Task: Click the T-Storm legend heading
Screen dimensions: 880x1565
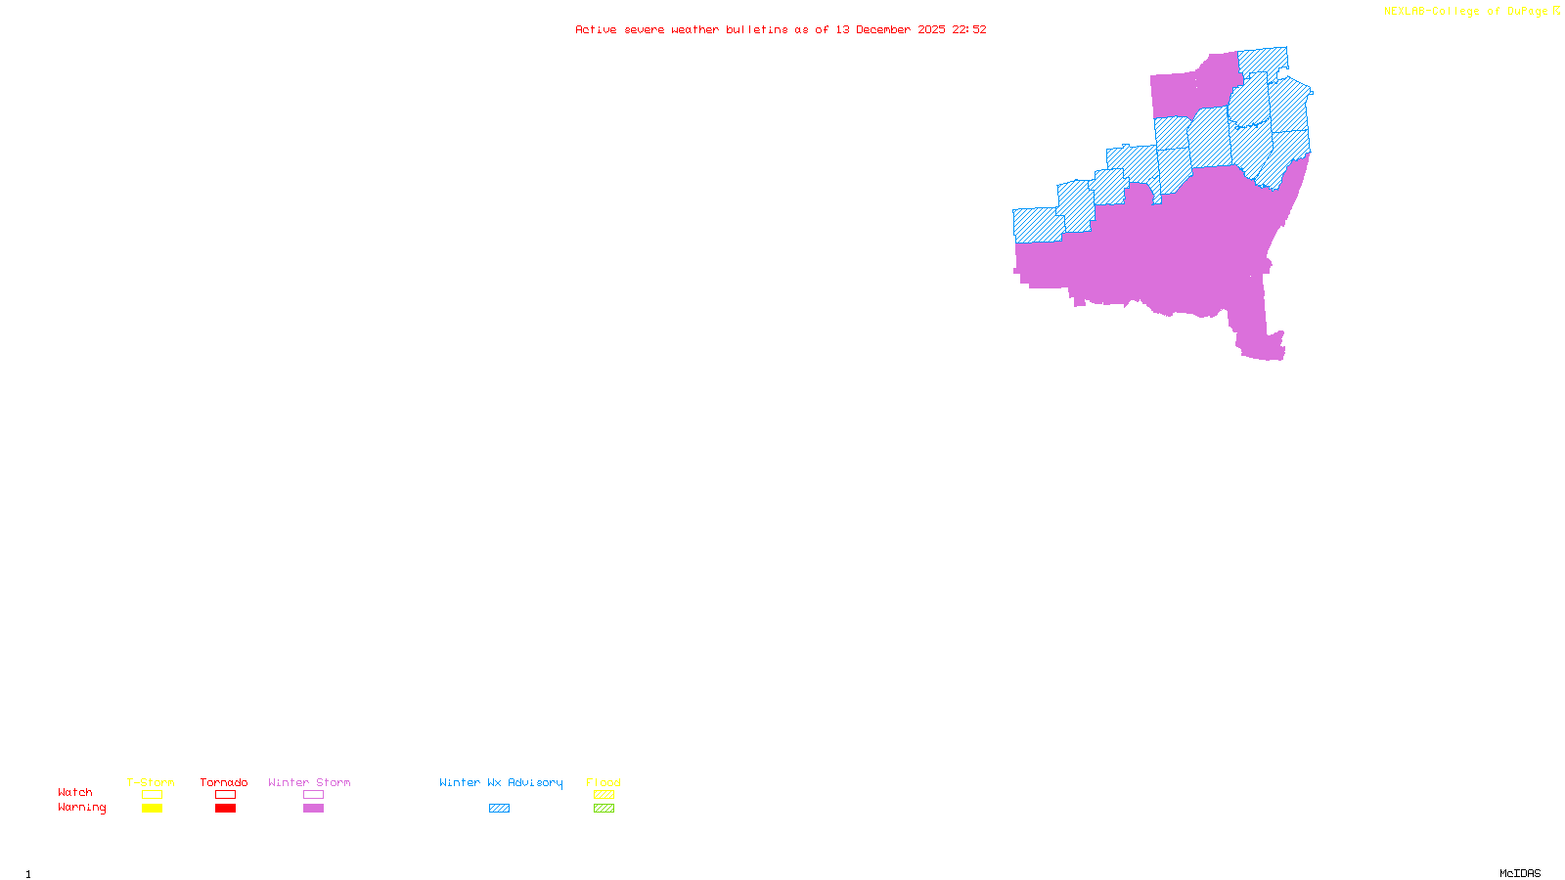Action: tap(151, 782)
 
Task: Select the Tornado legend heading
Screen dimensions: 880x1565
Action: tap(224, 782)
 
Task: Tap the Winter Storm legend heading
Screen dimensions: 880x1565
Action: tap(309, 782)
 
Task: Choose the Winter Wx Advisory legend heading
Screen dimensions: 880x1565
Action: tap(501, 782)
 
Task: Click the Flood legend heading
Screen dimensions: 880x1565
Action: tap(604, 782)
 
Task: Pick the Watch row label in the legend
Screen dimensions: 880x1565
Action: tap(75, 792)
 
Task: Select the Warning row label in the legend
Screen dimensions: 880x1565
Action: tap(81, 808)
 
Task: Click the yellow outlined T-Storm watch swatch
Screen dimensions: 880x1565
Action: tap(152, 795)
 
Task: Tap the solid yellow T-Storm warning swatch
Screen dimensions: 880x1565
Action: tap(152, 809)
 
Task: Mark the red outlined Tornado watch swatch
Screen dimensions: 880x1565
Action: tap(225, 795)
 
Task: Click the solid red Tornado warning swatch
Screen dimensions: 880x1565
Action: tap(225, 809)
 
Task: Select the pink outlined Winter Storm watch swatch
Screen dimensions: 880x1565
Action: tap(313, 795)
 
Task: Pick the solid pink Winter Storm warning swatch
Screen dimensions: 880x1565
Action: tap(313, 809)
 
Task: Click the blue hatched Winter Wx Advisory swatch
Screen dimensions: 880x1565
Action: tap(499, 809)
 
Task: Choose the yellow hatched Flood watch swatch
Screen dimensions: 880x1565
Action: tap(604, 795)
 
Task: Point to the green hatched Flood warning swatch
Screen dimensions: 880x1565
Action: tap(604, 809)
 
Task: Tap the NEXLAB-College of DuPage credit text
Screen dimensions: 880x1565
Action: tap(1466, 12)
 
